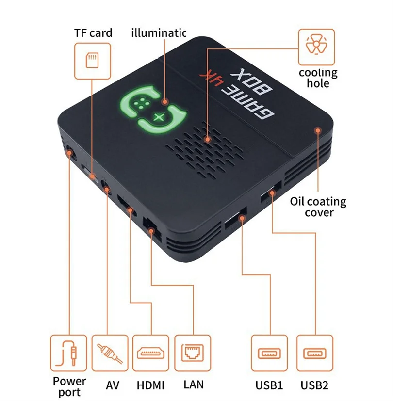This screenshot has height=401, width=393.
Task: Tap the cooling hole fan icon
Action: [x=316, y=45]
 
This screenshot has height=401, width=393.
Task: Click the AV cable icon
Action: [x=110, y=353]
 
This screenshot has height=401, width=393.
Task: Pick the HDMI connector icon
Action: [x=151, y=353]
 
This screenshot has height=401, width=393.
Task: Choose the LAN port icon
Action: [x=193, y=353]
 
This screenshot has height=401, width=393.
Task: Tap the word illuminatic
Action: [x=159, y=33]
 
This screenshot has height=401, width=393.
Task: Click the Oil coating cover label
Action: [x=318, y=207]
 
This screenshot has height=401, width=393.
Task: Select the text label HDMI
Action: [x=150, y=385]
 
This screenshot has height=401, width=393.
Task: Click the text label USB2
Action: [x=314, y=385]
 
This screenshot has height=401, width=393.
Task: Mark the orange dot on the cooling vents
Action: [x=208, y=139]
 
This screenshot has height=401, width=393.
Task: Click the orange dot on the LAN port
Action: [x=151, y=231]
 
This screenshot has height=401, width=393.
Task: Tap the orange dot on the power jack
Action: [x=69, y=153]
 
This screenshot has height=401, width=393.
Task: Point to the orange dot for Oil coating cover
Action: [x=318, y=131]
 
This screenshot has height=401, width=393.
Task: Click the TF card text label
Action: [x=93, y=33]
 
